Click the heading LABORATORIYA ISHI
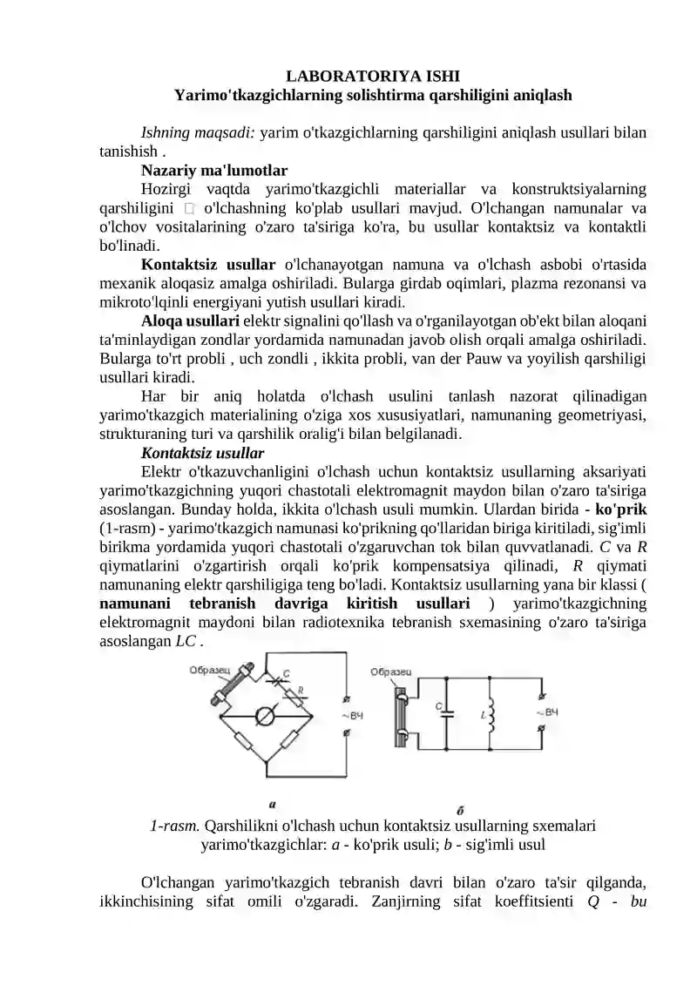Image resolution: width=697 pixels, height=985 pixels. [x=372, y=77]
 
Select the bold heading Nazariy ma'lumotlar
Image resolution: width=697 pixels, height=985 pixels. [x=214, y=170]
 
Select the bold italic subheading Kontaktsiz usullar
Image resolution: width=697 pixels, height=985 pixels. [x=202, y=454]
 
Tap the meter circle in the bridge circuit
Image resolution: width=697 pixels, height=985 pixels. [x=268, y=715]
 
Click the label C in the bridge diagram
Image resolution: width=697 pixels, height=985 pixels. [x=287, y=671]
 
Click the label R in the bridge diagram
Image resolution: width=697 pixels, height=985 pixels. [x=301, y=690]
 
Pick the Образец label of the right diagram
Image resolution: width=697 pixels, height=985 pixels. [x=391, y=671]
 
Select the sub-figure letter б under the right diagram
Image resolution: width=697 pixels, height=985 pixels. [x=460, y=809]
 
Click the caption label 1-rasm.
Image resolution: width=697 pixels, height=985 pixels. [x=175, y=826]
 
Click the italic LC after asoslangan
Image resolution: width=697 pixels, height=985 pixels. [x=186, y=642]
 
